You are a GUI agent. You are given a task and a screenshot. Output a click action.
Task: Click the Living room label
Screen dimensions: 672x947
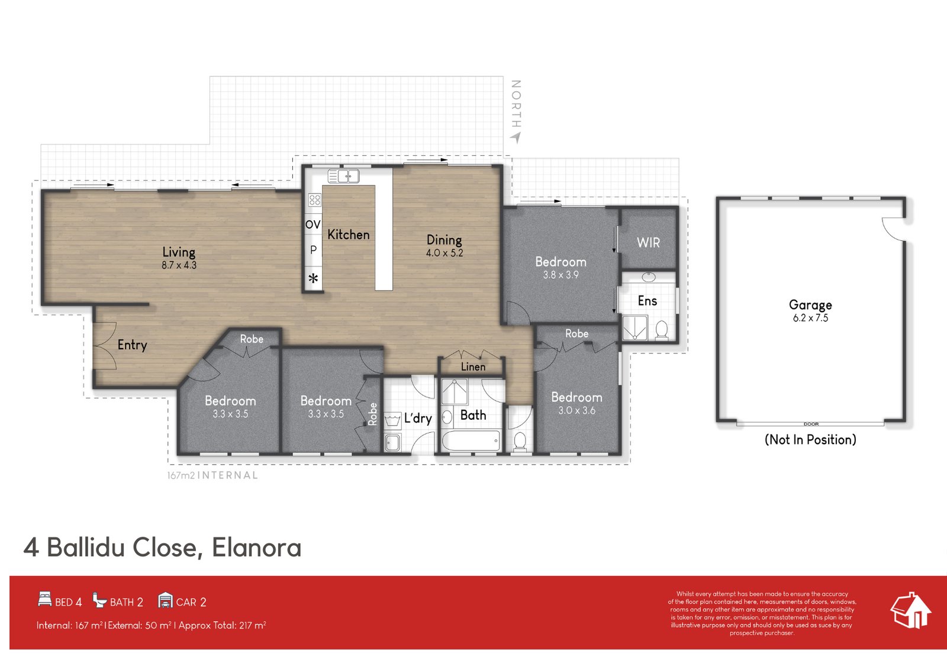[x=179, y=252]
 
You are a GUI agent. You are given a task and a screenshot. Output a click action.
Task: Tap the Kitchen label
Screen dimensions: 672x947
[x=348, y=234]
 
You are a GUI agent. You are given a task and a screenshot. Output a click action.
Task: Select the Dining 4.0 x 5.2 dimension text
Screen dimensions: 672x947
[x=444, y=253]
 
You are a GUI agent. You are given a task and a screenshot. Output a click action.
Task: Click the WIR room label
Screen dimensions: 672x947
[x=648, y=242]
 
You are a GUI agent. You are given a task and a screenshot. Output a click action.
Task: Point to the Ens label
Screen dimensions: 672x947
[x=647, y=301]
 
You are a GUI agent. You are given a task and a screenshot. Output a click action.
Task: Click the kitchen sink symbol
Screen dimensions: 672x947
[x=343, y=176]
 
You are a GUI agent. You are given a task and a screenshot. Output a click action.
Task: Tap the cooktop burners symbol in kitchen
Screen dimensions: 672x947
[x=314, y=200]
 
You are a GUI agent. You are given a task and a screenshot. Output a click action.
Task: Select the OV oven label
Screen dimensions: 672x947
[x=313, y=224]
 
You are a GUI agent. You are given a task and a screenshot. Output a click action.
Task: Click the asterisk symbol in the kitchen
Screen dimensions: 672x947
[x=313, y=278]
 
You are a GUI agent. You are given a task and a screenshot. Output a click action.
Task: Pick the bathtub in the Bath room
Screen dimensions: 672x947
[x=471, y=441]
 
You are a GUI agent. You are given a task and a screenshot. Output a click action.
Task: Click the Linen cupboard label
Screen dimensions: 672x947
[x=473, y=367]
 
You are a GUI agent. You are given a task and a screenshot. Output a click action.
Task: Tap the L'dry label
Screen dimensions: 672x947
[x=418, y=418]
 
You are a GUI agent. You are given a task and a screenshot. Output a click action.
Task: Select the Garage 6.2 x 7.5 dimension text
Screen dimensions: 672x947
[x=810, y=318]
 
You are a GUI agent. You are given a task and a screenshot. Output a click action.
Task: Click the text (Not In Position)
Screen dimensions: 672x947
[x=810, y=439]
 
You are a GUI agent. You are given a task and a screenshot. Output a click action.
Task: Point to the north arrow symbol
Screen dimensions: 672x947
[x=516, y=137]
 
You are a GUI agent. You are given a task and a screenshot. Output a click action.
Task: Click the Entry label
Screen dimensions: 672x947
[x=132, y=345]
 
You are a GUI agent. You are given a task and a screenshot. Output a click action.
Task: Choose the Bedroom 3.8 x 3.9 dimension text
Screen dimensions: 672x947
[x=561, y=275]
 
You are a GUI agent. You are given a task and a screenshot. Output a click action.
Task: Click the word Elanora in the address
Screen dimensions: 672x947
[x=256, y=548]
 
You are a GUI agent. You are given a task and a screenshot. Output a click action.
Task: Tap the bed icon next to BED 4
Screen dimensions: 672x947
[x=44, y=599]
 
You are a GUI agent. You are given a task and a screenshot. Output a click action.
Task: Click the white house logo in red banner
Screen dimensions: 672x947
[x=911, y=610]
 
